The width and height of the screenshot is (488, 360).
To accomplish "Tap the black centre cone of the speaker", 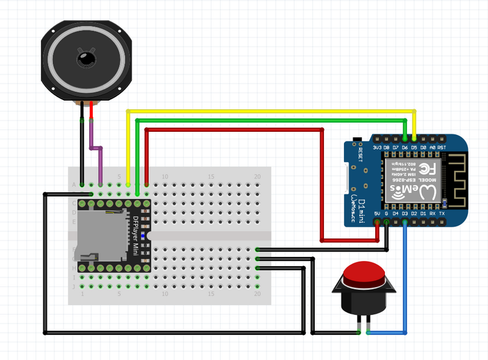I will point(86,59).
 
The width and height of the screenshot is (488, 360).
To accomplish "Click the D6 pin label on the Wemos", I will point(405,148).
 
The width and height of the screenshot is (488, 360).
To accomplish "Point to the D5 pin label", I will point(414,148).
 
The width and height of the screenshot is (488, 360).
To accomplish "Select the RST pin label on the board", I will point(442,148).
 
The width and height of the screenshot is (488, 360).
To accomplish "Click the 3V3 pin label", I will point(378,148).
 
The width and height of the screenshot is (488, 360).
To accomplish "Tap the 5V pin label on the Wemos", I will point(378,214).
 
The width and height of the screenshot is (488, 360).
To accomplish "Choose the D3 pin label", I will point(405,214).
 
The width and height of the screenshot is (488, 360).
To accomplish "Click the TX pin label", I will point(442,214).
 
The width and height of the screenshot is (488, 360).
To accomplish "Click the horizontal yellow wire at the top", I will point(268,111).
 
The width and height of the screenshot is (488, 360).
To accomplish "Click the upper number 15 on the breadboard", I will point(211,177).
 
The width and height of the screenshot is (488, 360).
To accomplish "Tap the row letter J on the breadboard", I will point(74,286).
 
